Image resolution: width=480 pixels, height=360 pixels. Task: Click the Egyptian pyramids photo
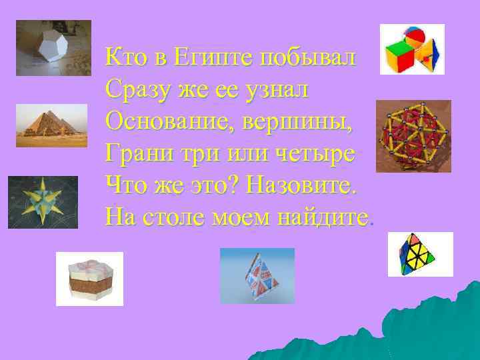pyautogui.click(x=51, y=125)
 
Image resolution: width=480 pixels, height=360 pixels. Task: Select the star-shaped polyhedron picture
pyautogui.click(x=43, y=202)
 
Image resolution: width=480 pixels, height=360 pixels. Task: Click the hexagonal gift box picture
pyautogui.click(x=89, y=279)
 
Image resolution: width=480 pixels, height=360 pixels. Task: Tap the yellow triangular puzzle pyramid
pyautogui.click(x=420, y=255)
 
